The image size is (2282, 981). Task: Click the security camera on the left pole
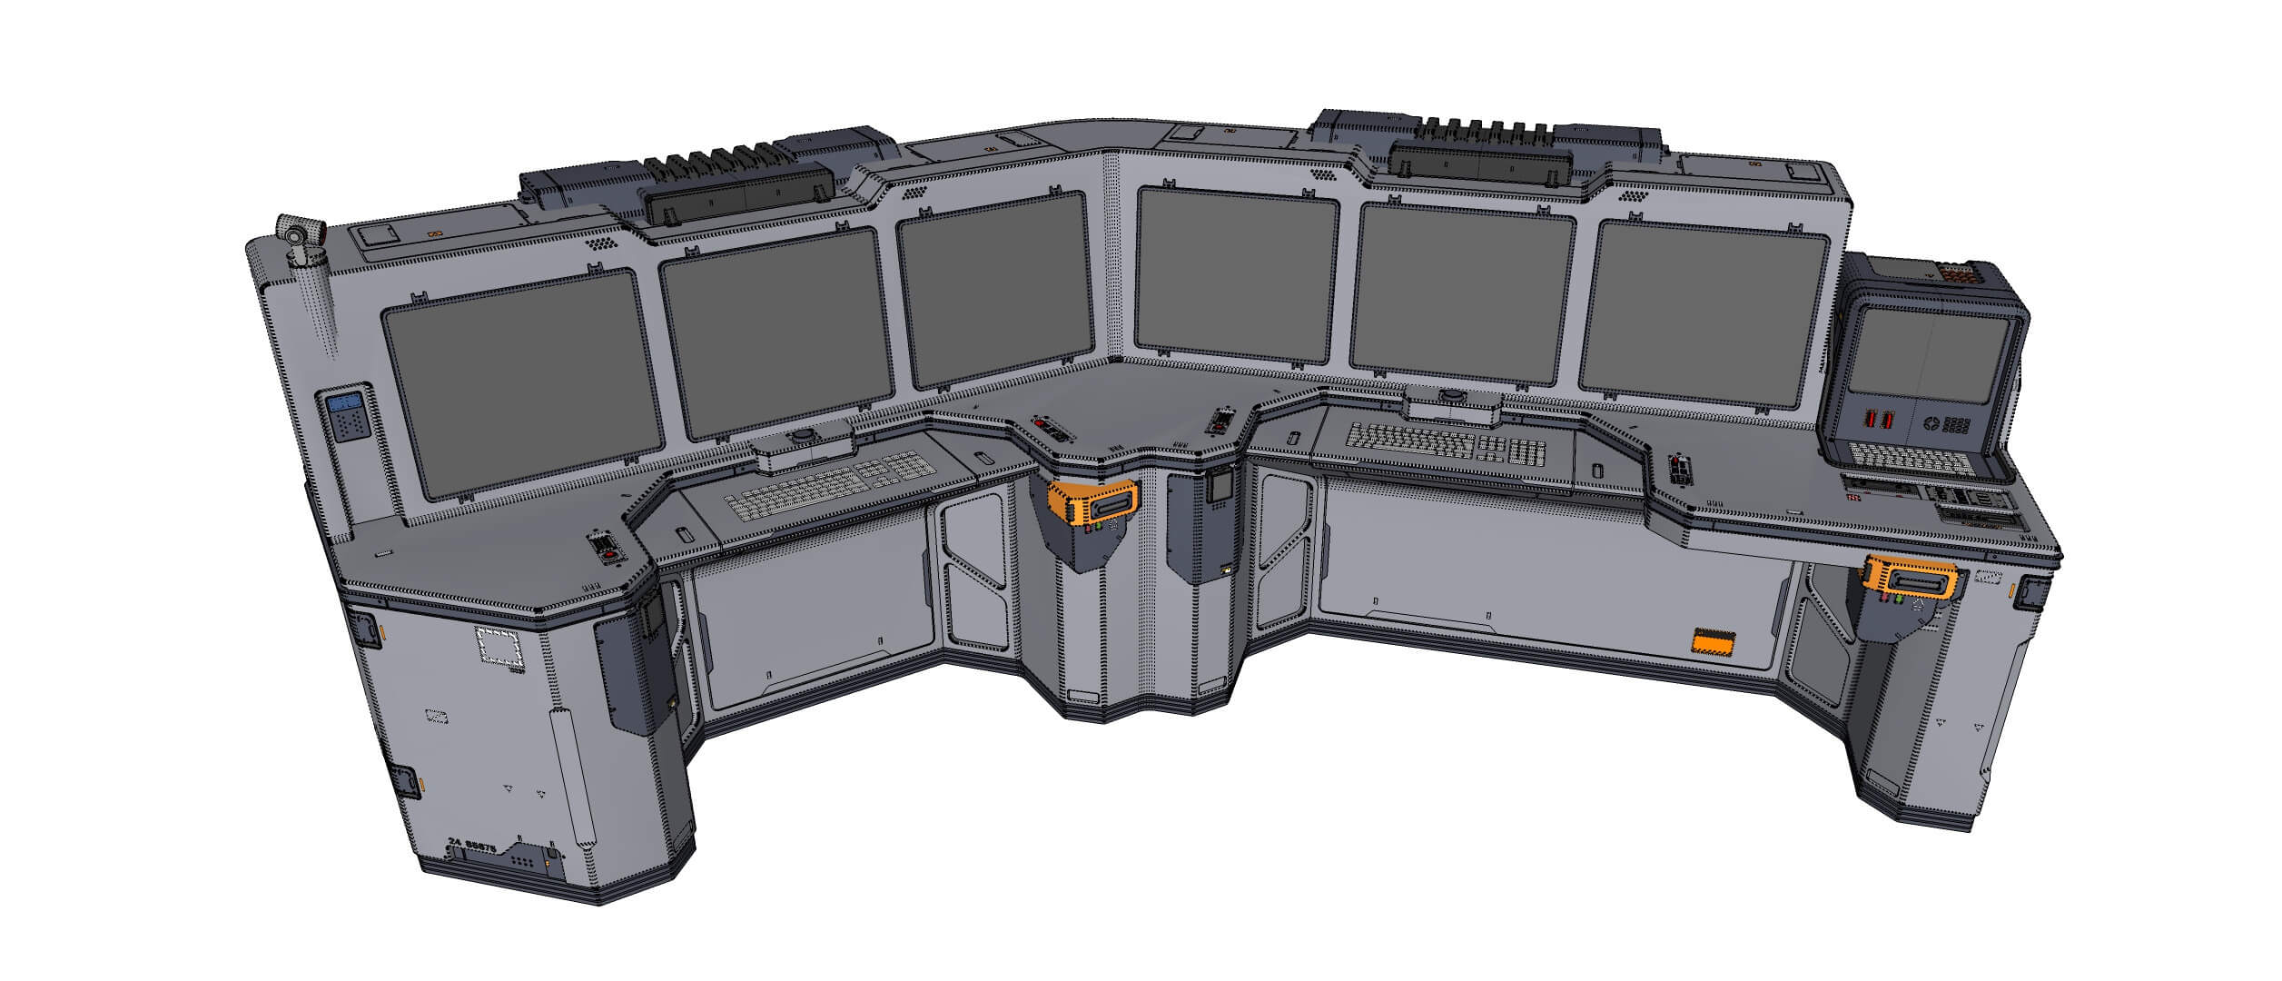[x=297, y=235]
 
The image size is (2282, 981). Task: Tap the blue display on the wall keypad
[x=345, y=404]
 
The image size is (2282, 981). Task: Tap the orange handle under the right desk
[x=1909, y=580]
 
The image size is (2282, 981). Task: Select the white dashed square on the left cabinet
[x=499, y=649]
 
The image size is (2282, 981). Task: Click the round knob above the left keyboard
[x=804, y=438]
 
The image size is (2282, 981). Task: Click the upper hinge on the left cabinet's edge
[x=367, y=628]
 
